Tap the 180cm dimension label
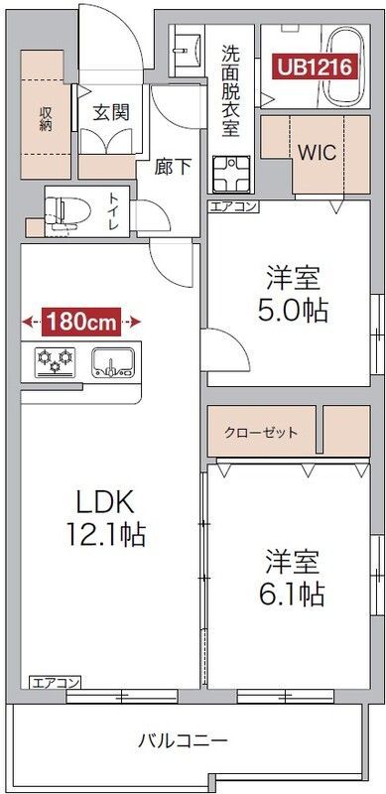coord(80,322)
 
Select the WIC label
coord(318,155)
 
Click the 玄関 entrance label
coord(110,112)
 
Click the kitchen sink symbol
coord(112,361)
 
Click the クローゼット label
coord(261,434)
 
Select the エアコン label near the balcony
coord(55,682)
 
